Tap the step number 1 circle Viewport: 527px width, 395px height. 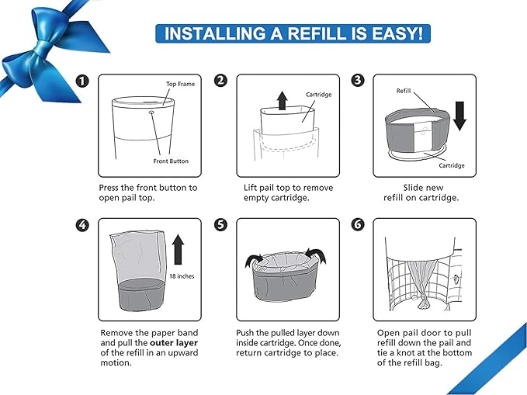[82, 81]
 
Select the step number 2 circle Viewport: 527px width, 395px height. [220, 81]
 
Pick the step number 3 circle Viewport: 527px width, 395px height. [358, 81]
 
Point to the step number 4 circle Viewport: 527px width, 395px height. [82, 225]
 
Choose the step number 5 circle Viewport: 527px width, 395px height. [220, 225]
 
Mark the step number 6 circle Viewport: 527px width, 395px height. [358, 225]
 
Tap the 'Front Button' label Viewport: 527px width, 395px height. [171, 161]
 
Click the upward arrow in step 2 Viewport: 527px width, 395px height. [282, 100]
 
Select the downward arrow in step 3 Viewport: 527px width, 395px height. [459, 118]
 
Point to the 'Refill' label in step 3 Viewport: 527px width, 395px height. [404, 90]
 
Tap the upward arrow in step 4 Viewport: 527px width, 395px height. [178, 250]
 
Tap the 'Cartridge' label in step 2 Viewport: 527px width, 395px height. [318, 95]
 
